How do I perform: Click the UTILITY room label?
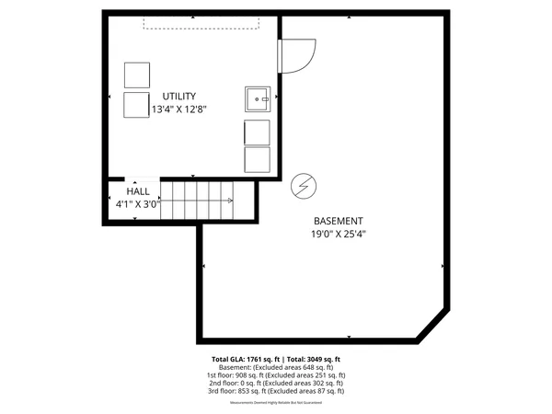point(179,97)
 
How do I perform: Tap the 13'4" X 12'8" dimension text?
point(179,109)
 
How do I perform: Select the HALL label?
point(138,190)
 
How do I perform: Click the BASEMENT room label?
point(339,221)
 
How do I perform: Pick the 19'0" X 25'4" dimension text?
point(339,234)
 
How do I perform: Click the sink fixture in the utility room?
point(257,98)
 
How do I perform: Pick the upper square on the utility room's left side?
point(136,75)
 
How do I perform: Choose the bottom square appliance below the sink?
point(258,158)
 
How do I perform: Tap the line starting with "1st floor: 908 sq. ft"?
point(276,375)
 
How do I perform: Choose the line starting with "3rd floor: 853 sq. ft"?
point(276,391)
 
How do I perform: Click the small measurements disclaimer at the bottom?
point(276,402)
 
